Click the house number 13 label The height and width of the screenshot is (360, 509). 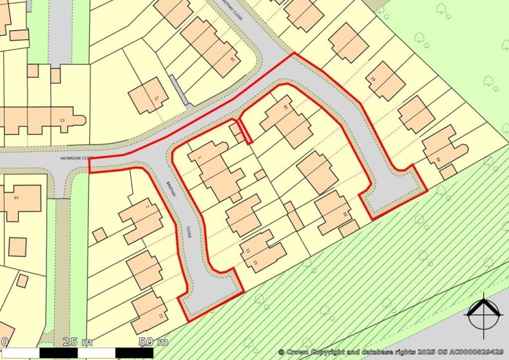[62, 120]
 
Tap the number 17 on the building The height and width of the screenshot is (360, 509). [155, 98]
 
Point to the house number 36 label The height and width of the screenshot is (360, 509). [439, 160]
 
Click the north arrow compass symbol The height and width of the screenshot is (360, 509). [484, 315]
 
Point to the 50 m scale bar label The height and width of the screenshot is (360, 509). [153, 341]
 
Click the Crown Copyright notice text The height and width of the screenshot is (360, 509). [391, 352]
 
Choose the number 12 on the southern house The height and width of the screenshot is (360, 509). [158, 316]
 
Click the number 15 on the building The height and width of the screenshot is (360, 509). [255, 263]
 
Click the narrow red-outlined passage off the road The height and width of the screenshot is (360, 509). [244, 131]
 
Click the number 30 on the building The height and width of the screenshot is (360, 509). [345, 214]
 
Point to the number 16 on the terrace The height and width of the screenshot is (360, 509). [232, 59]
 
